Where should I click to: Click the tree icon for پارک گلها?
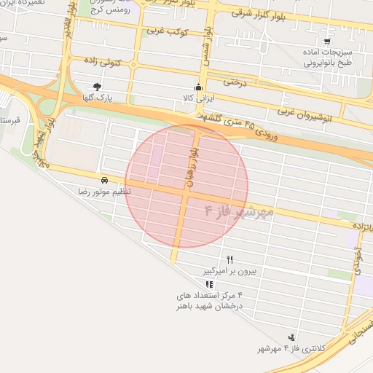click(97, 86)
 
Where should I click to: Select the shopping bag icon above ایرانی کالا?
click(196, 87)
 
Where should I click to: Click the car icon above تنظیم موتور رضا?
click(105, 179)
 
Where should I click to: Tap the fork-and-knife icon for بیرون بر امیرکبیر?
click(230, 259)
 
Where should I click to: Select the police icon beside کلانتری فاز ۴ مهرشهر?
click(292, 337)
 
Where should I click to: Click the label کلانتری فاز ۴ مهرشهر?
click(267, 350)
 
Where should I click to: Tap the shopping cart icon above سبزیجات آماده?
click(326, 42)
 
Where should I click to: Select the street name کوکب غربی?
click(168, 32)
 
